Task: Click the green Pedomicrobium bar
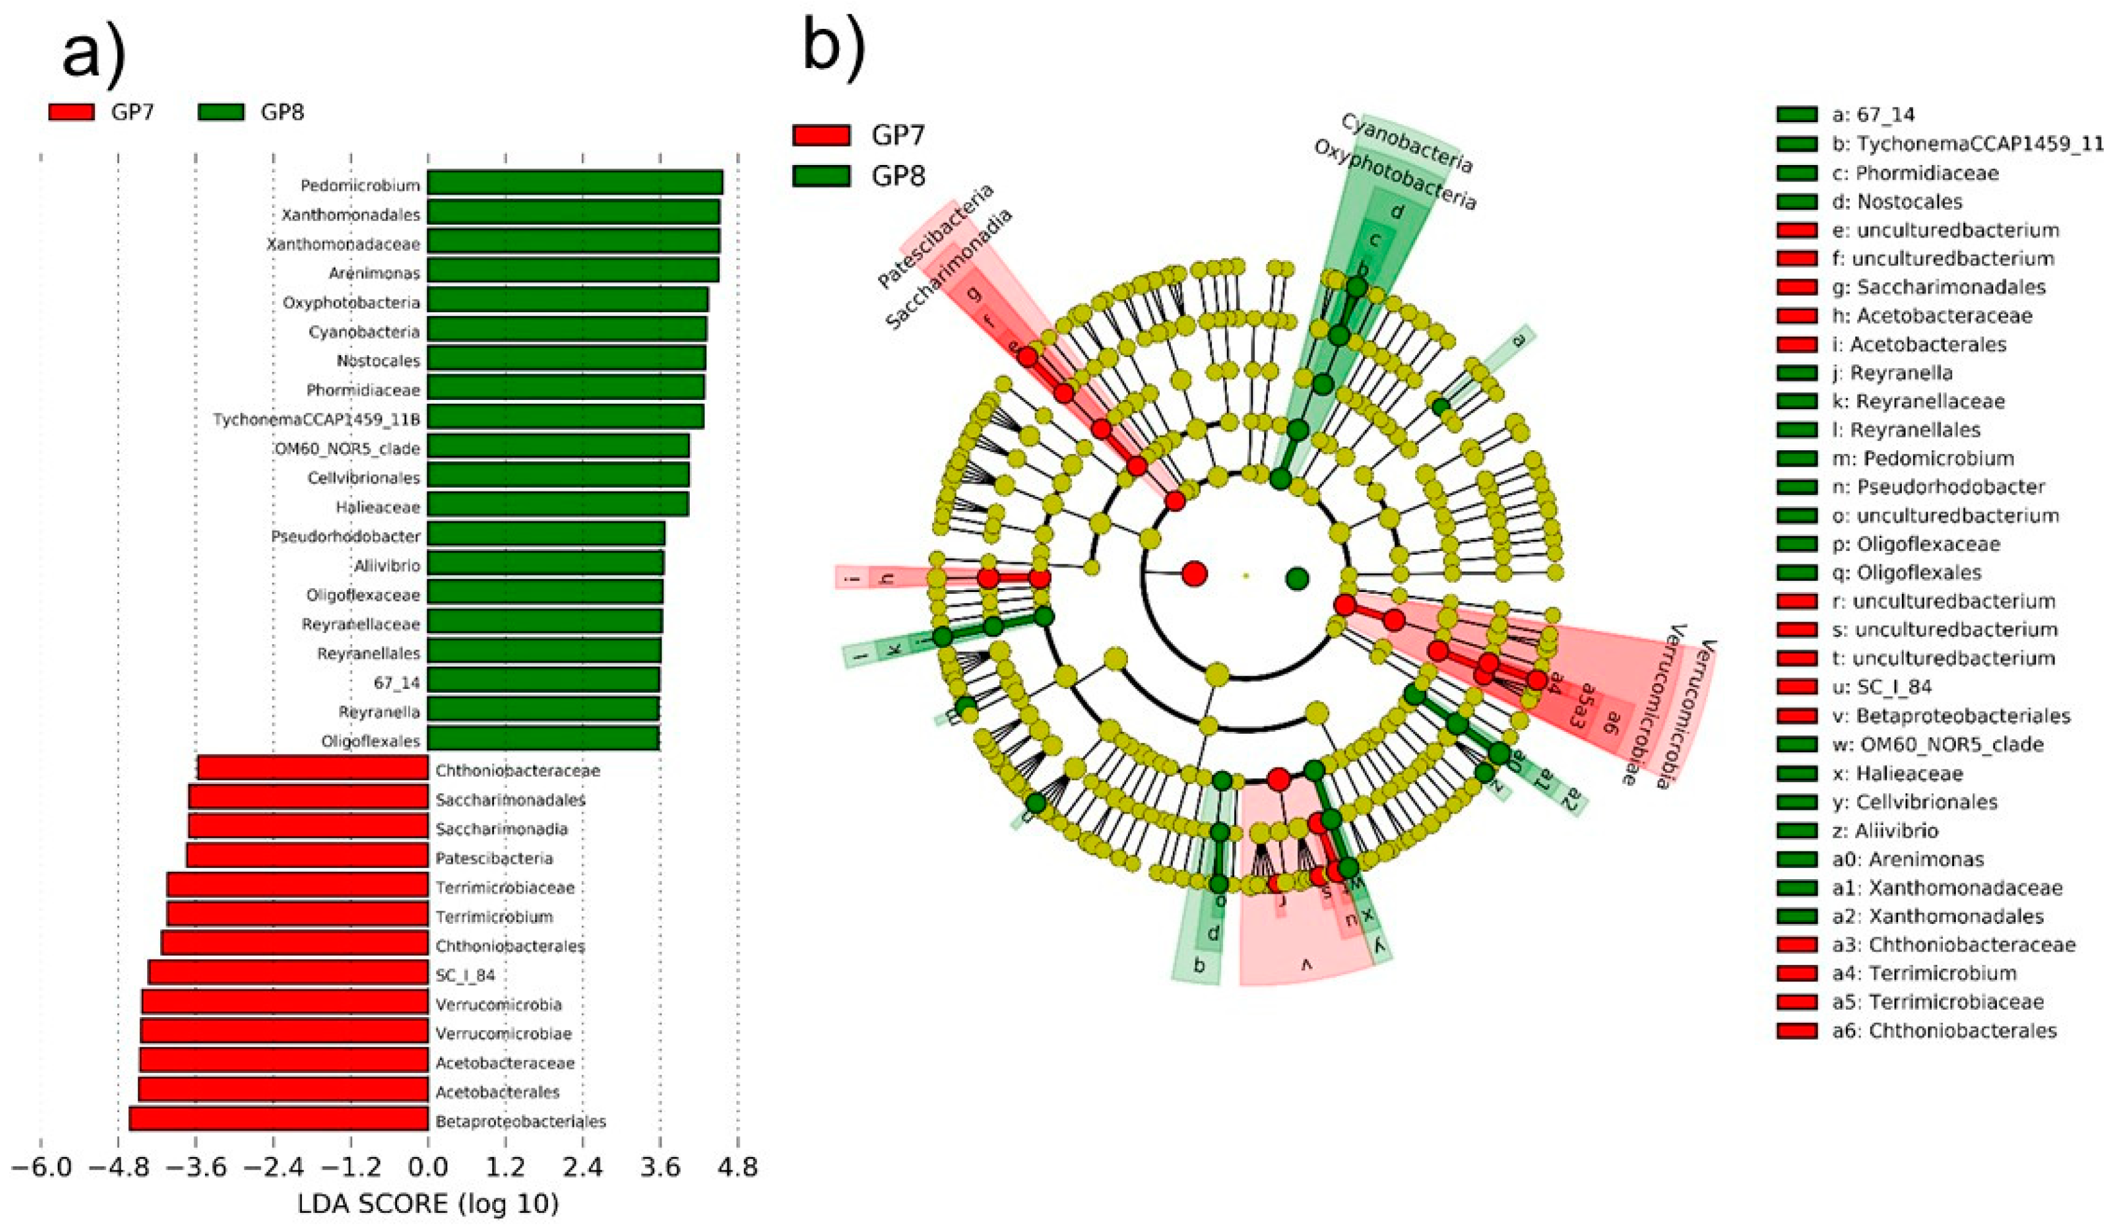[574, 183]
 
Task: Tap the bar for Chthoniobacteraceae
[313, 768]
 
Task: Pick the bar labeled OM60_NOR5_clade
[558, 447]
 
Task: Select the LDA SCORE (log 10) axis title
[428, 1204]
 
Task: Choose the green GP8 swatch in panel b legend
[821, 175]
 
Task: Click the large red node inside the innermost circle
[1194, 574]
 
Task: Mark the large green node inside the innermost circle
[1297, 578]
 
